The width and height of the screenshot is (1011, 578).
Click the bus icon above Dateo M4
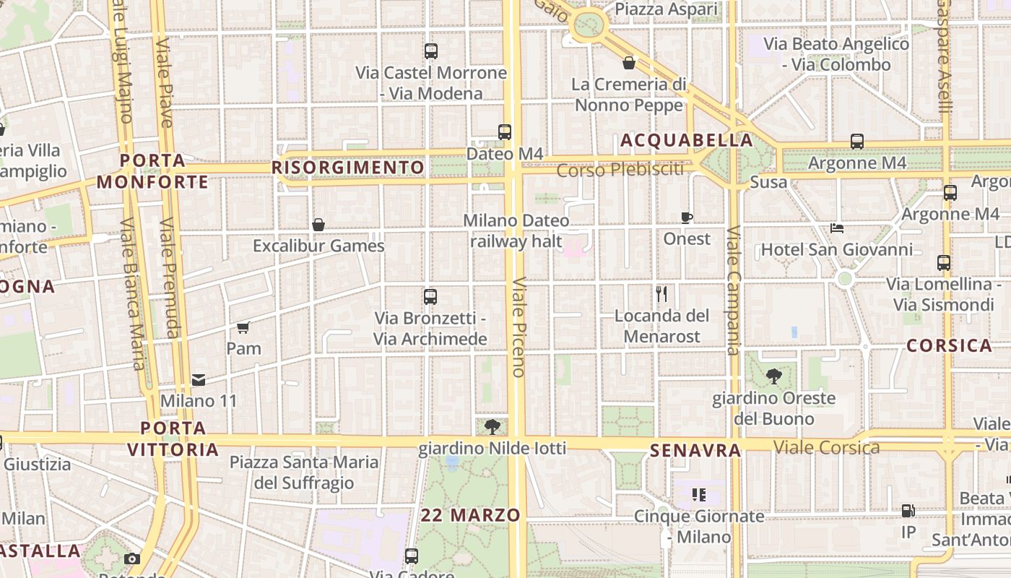[x=504, y=132]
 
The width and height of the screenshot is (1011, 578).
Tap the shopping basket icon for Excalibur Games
[x=318, y=225]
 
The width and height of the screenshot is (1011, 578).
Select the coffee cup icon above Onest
[x=686, y=217]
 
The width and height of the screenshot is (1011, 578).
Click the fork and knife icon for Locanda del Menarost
[x=661, y=294]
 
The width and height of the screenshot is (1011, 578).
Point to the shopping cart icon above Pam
[x=243, y=327]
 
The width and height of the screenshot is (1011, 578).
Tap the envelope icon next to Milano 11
[x=199, y=379]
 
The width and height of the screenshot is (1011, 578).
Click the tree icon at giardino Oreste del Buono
[x=773, y=376]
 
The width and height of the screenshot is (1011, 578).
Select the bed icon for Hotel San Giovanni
[x=837, y=228]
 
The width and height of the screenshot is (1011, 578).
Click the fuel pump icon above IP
[x=908, y=511]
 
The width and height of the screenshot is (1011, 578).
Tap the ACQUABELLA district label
[x=687, y=140]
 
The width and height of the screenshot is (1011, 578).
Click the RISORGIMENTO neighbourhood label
[x=348, y=168]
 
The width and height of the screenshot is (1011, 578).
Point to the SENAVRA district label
[x=695, y=451]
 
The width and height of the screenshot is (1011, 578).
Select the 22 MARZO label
[x=471, y=515]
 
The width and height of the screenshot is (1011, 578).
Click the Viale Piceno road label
[x=518, y=327]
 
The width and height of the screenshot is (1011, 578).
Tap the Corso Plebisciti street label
[x=620, y=170]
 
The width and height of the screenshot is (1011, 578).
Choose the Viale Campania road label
[x=734, y=290]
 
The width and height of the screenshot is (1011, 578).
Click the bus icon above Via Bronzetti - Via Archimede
[x=430, y=296]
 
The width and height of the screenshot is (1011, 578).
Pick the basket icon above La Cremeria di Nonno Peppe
[x=629, y=63]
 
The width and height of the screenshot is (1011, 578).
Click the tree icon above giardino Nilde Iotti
[x=493, y=427]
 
